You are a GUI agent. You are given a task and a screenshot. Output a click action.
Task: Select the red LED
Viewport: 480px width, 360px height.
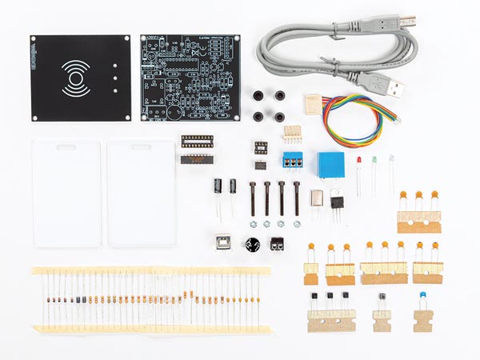click(359, 165)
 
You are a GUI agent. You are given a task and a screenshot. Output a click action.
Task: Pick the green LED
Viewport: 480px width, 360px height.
click(374, 163)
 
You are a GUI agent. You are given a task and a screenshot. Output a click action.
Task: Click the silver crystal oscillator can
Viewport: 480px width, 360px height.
click(315, 198)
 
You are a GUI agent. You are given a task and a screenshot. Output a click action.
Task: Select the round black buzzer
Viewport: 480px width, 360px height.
click(254, 245)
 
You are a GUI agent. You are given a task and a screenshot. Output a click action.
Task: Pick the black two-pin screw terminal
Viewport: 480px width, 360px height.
click(278, 243)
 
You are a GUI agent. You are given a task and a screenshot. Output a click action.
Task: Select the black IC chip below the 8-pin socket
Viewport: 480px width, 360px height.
click(260, 164)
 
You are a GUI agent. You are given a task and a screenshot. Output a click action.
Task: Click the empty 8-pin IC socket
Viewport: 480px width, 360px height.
click(261, 147)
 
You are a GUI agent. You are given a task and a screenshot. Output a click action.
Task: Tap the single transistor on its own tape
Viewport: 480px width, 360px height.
click(382, 299)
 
